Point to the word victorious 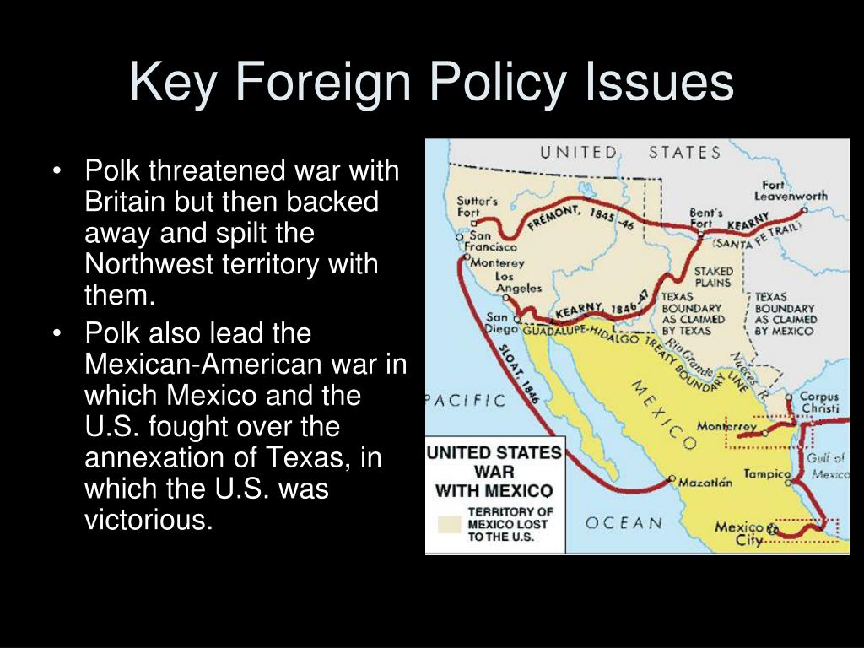pyautogui.click(x=147, y=520)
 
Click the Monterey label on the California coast pyautogui.click(x=498, y=262)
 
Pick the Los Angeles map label pyautogui.click(x=518, y=282)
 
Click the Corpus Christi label pyautogui.click(x=818, y=403)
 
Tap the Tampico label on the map pyautogui.click(x=766, y=474)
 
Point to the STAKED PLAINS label pyautogui.click(x=713, y=278)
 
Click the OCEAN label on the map pyautogui.click(x=624, y=522)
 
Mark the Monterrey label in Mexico pyautogui.click(x=726, y=426)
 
